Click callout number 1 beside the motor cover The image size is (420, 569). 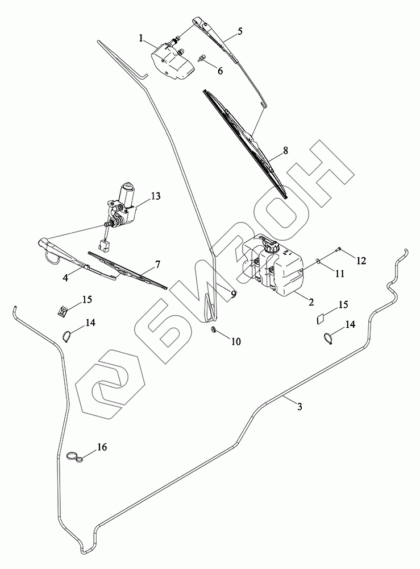pyautogui.click(x=142, y=38)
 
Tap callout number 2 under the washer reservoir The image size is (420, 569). pyautogui.click(x=311, y=302)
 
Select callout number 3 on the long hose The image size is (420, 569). pyautogui.click(x=299, y=406)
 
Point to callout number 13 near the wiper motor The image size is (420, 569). pyautogui.click(x=156, y=196)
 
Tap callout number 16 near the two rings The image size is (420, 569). pyautogui.click(x=102, y=447)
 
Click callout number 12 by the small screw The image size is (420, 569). pyautogui.click(x=361, y=261)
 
